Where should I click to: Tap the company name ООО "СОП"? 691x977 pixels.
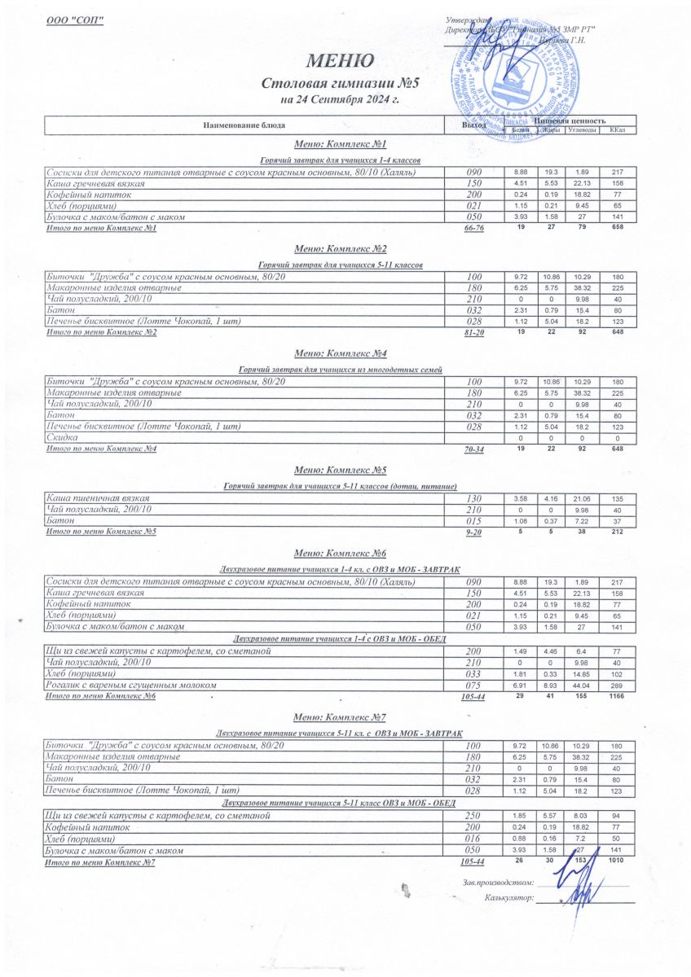pos(75,20)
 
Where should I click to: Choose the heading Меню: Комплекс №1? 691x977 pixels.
pos(340,143)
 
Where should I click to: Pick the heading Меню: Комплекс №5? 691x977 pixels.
pos(340,471)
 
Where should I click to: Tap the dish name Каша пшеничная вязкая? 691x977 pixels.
pos(98,497)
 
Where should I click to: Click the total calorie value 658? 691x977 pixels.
pos(617,229)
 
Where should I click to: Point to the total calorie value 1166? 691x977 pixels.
pos(617,698)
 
